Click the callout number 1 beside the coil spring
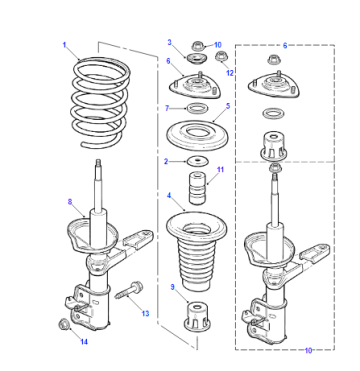tap(65, 45)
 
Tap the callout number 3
tap(170, 42)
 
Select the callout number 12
tap(230, 73)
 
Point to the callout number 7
tap(167, 108)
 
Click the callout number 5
tap(228, 106)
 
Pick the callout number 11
tap(220, 170)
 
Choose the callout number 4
tap(169, 195)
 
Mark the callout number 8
tap(70, 202)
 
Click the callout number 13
tap(145, 313)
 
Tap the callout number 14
tap(84, 342)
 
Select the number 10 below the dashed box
tap(308, 350)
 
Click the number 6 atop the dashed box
tap(285, 46)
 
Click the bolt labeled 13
tap(129, 290)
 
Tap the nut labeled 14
tap(63, 324)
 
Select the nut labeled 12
tap(219, 57)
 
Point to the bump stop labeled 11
tap(197, 188)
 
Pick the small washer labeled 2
tap(197, 161)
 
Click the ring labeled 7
tap(197, 108)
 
